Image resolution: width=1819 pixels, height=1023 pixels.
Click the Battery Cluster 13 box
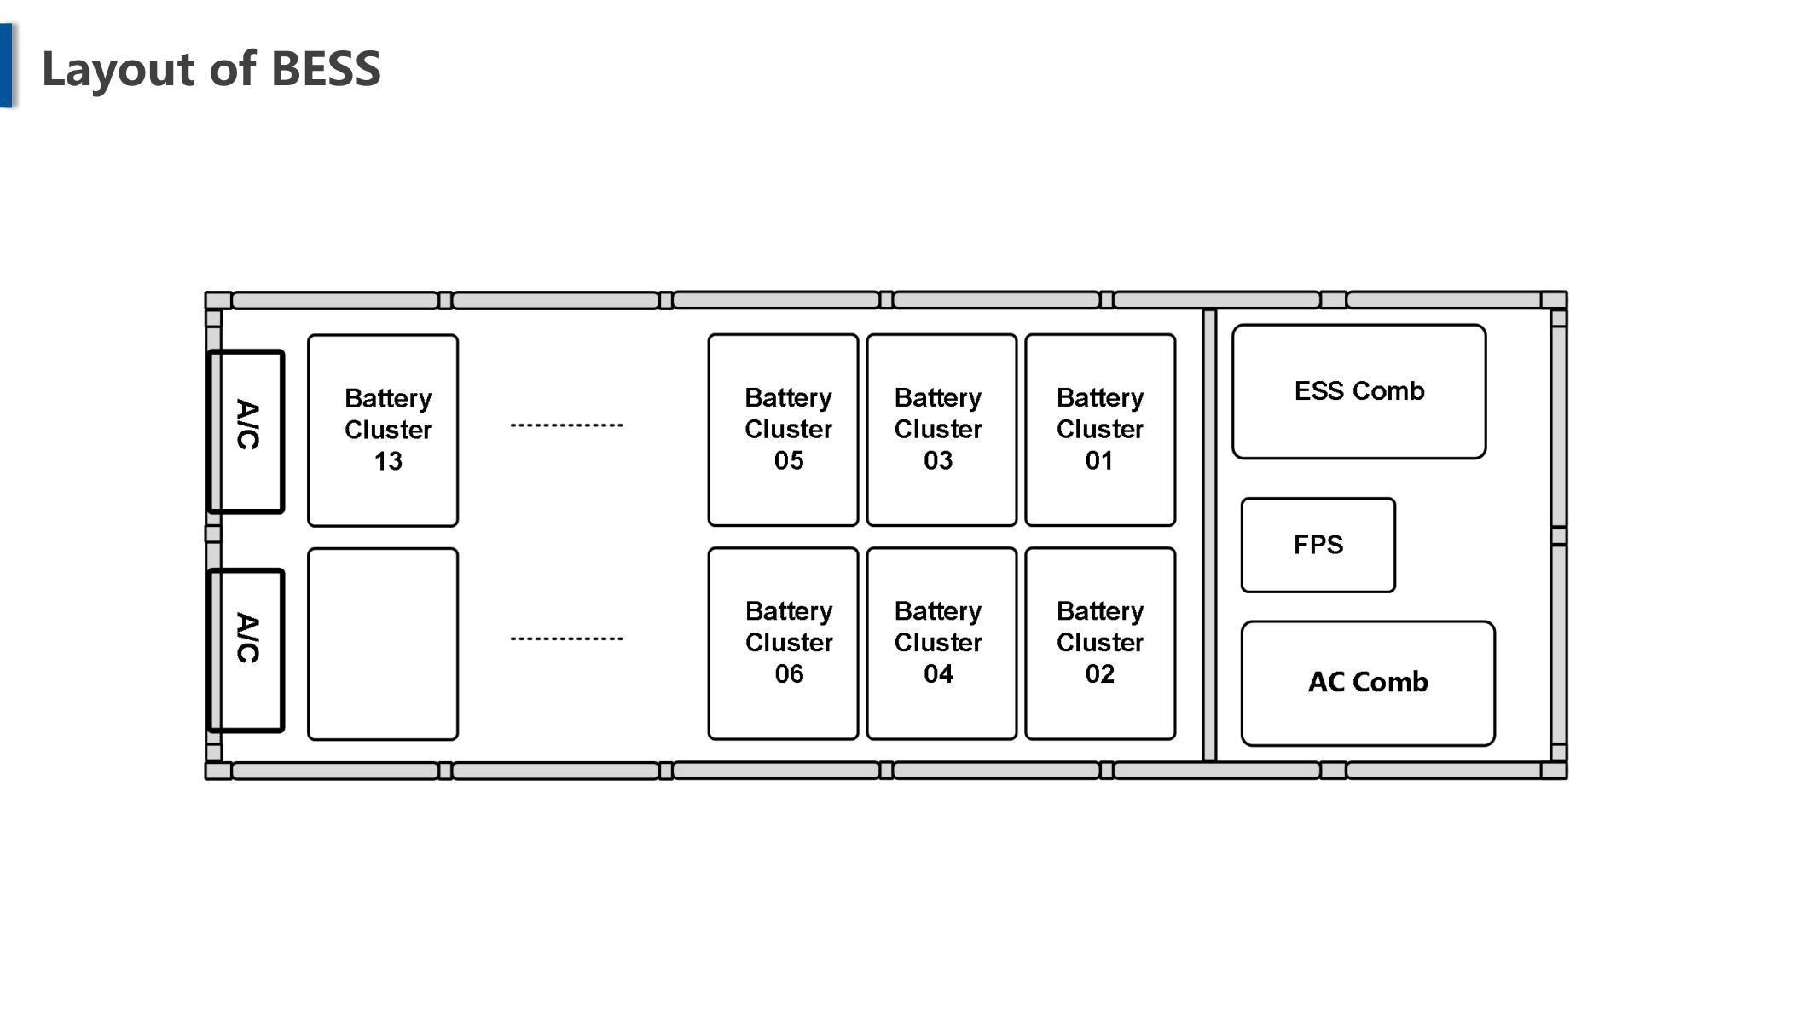coord(383,431)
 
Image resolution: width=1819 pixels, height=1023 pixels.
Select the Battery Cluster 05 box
coord(783,430)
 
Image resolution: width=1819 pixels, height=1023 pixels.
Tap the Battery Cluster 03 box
coord(941,430)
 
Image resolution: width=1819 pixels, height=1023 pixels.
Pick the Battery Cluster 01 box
coord(1100,430)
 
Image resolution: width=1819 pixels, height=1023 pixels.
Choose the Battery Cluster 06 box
coord(783,644)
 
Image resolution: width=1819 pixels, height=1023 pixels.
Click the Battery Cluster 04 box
coord(941,644)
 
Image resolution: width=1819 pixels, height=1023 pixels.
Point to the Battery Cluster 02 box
coord(1100,644)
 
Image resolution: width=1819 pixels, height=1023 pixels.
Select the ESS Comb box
coord(1359,391)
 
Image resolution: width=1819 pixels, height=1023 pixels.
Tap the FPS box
coord(1318,545)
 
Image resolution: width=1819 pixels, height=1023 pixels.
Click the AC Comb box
coord(1368,684)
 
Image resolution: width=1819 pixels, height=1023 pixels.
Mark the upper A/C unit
coord(246,431)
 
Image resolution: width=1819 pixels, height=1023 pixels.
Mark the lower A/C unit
coord(246,650)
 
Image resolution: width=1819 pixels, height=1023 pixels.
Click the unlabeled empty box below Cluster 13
coord(383,644)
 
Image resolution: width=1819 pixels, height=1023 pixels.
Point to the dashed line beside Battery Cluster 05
coord(567,425)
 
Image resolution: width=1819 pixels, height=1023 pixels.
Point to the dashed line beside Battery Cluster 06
coord(567,638)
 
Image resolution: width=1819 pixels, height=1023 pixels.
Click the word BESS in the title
coord(326,68)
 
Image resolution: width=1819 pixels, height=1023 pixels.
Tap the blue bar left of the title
coord(6,65)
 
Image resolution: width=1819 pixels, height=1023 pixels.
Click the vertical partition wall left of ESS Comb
coord(1209,535)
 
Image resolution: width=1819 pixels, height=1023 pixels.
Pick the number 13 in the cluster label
coord(388,461)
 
